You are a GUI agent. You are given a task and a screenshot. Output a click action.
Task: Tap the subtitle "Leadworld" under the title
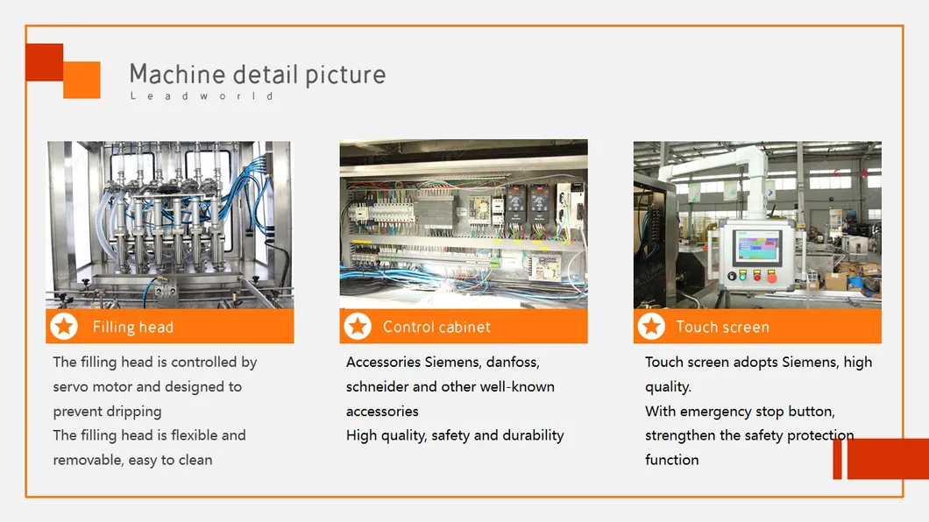coord(202,96)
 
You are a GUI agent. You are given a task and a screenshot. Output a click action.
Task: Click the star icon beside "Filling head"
coord(64,327)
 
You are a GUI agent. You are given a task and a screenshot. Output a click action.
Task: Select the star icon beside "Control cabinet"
coord(358,327)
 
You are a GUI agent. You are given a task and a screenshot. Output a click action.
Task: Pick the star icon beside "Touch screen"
coord(651,327)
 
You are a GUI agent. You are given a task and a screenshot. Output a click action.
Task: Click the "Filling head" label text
coord(133,328)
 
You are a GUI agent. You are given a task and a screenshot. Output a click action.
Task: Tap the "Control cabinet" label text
coord(436,328)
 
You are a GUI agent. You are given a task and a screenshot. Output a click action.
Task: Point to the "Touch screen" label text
coord(722,328)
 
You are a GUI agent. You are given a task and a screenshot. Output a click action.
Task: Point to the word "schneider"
coord(378,386)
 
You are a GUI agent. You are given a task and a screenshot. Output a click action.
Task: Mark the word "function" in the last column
coord(672,460)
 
